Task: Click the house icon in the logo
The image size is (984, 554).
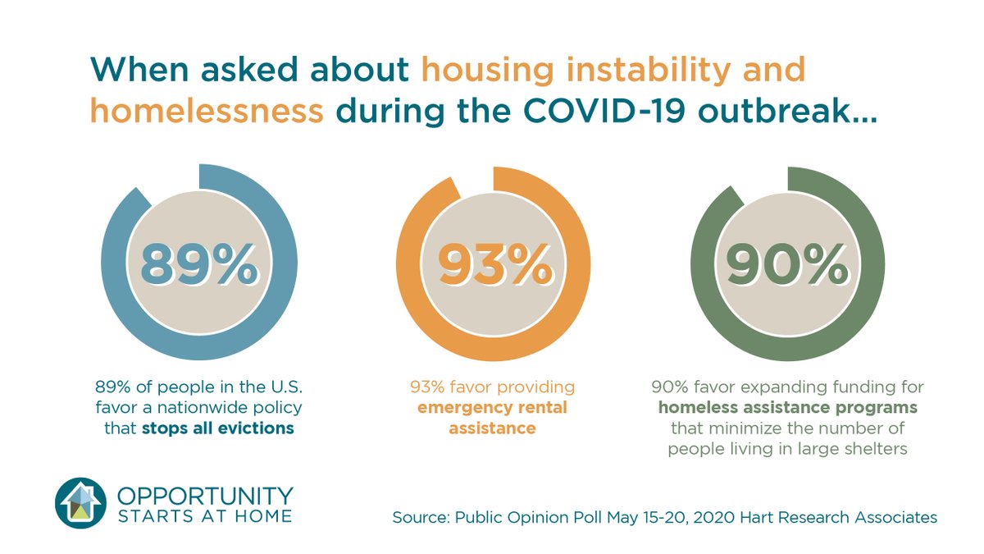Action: [81, 503]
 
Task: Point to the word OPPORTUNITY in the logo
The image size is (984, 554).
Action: [205, 496]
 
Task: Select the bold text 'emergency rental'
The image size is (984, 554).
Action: [492, 408]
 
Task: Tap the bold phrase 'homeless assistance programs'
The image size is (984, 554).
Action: [787, 408]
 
